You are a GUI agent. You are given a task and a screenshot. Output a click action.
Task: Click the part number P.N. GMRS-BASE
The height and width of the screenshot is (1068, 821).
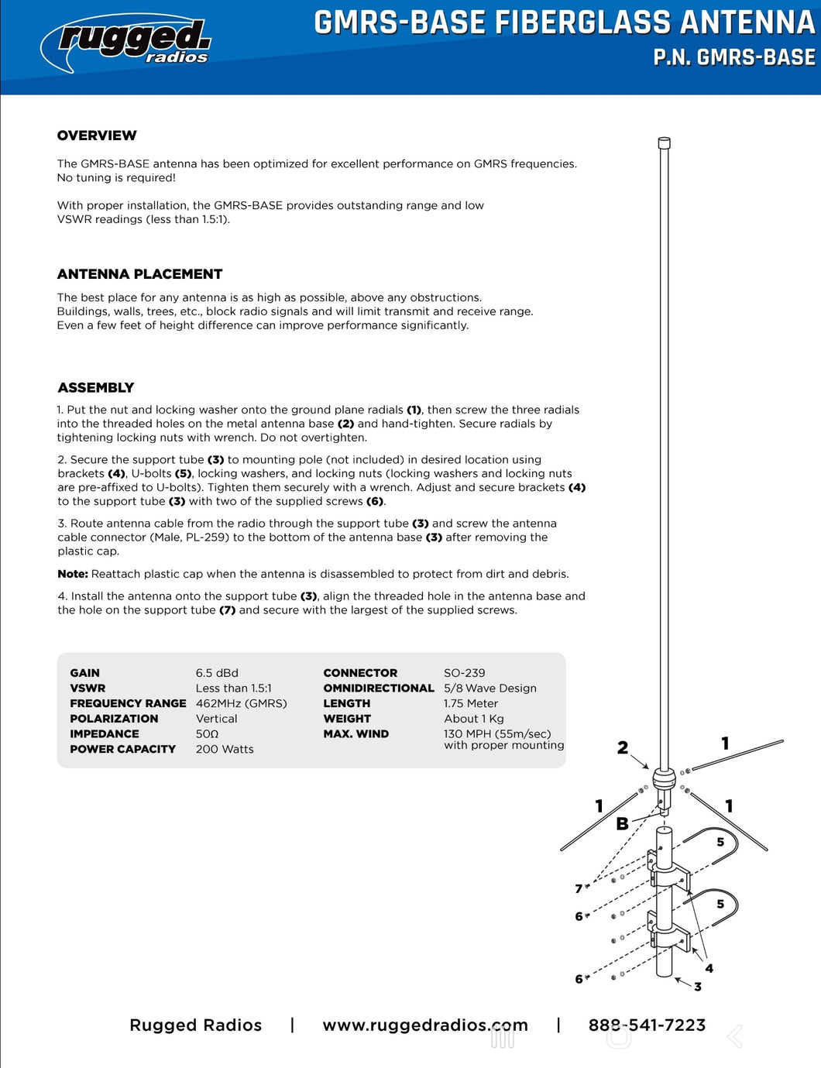click(x=733, y=57)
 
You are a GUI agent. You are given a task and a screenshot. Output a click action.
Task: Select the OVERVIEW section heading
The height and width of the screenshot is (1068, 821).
click(x=97, y=136)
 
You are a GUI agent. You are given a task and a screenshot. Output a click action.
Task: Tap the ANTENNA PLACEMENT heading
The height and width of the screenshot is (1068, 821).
click(x=139, y=274)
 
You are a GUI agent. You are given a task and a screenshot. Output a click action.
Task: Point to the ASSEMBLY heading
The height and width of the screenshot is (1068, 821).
click(x=96, y=388)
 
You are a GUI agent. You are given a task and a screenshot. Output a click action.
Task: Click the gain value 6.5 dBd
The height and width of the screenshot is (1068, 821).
click(x=217, y=673)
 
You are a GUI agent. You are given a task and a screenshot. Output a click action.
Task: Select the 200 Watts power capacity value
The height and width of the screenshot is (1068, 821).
click(x=225, y=749)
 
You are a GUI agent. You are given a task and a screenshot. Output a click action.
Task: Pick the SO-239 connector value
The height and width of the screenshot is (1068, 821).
click(x=465, y=673)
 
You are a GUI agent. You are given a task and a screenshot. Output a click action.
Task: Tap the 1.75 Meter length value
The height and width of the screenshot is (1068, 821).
click(x=471, y=703)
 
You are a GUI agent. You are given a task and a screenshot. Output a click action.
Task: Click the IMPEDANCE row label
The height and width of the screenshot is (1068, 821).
click(x=105, y=733)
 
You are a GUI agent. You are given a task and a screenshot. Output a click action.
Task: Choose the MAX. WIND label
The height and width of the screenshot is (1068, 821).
click(x=356, y=733)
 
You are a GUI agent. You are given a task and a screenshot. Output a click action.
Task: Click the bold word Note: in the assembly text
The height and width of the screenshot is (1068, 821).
click(x=73, y=574)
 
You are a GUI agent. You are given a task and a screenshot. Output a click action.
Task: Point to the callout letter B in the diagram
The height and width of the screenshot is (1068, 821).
click(x=622, y=824)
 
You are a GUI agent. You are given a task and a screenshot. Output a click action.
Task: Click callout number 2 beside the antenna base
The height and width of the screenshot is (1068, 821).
click(x=623, y=747)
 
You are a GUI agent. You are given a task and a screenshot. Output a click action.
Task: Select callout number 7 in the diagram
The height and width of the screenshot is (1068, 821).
click(x=579, y=888)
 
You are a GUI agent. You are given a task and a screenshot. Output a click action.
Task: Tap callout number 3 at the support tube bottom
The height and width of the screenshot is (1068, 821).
click(x=698, y=987)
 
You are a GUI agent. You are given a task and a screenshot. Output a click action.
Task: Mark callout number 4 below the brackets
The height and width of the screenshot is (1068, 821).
click(x=709, y=968)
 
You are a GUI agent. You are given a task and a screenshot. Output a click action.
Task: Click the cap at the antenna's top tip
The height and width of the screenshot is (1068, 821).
click(x=664, y=143)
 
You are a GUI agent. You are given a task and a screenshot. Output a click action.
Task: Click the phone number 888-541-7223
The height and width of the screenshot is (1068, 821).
click(x=647, y=1025)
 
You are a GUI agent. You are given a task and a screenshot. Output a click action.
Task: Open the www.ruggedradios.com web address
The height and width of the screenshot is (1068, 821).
click(x=425, y=1025)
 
